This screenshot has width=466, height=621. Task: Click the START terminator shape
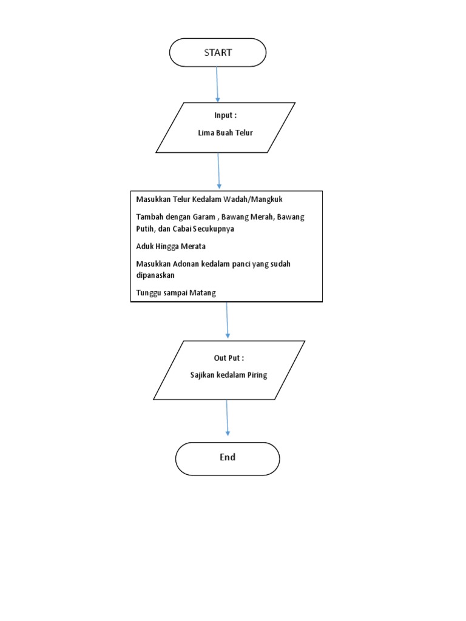(218, 53)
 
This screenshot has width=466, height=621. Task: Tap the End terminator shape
(228, 458)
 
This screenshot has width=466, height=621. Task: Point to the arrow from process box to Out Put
(227, 320)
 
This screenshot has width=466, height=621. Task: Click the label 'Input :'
(225, 116)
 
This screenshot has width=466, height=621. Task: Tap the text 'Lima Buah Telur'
(225, 133)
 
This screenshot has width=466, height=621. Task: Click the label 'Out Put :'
(228, 358)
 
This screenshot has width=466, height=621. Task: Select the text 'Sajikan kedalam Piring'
(228, 375)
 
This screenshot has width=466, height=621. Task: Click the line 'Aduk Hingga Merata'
(171, 247)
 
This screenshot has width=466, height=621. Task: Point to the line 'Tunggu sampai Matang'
(176, 293)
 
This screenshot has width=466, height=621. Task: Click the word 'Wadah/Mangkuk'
(257, 200)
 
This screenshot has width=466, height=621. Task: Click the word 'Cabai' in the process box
(184, 229)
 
